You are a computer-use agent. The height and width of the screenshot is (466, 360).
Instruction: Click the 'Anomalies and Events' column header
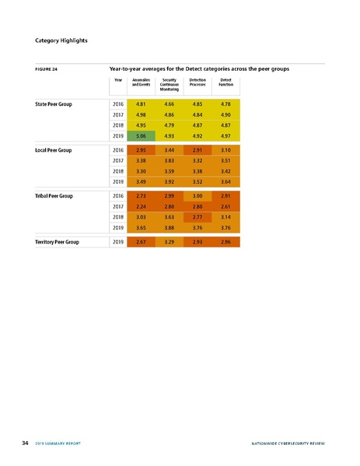[x=142, y=82]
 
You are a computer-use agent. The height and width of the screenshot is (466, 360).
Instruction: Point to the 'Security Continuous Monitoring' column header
[x=170, y=84]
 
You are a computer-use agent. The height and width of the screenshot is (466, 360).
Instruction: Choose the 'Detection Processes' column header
[x=197, y=82]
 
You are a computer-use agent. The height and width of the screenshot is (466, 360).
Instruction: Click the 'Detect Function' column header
[x=226, y=82]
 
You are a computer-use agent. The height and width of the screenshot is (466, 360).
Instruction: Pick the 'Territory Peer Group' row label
[x=58, y=242]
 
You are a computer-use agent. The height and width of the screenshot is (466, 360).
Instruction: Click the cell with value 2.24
[x=142, y=206]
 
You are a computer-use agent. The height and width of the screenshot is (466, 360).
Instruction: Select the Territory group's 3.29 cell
[x=170, y=242]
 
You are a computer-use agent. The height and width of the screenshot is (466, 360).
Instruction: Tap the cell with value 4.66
[x=170, y=103]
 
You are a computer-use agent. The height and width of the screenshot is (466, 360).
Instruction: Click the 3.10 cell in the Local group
[x=226, y=149]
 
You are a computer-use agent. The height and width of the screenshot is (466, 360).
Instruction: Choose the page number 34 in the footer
[x=26, y=443]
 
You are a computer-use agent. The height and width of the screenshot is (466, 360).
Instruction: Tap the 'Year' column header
[x=118, y=79]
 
